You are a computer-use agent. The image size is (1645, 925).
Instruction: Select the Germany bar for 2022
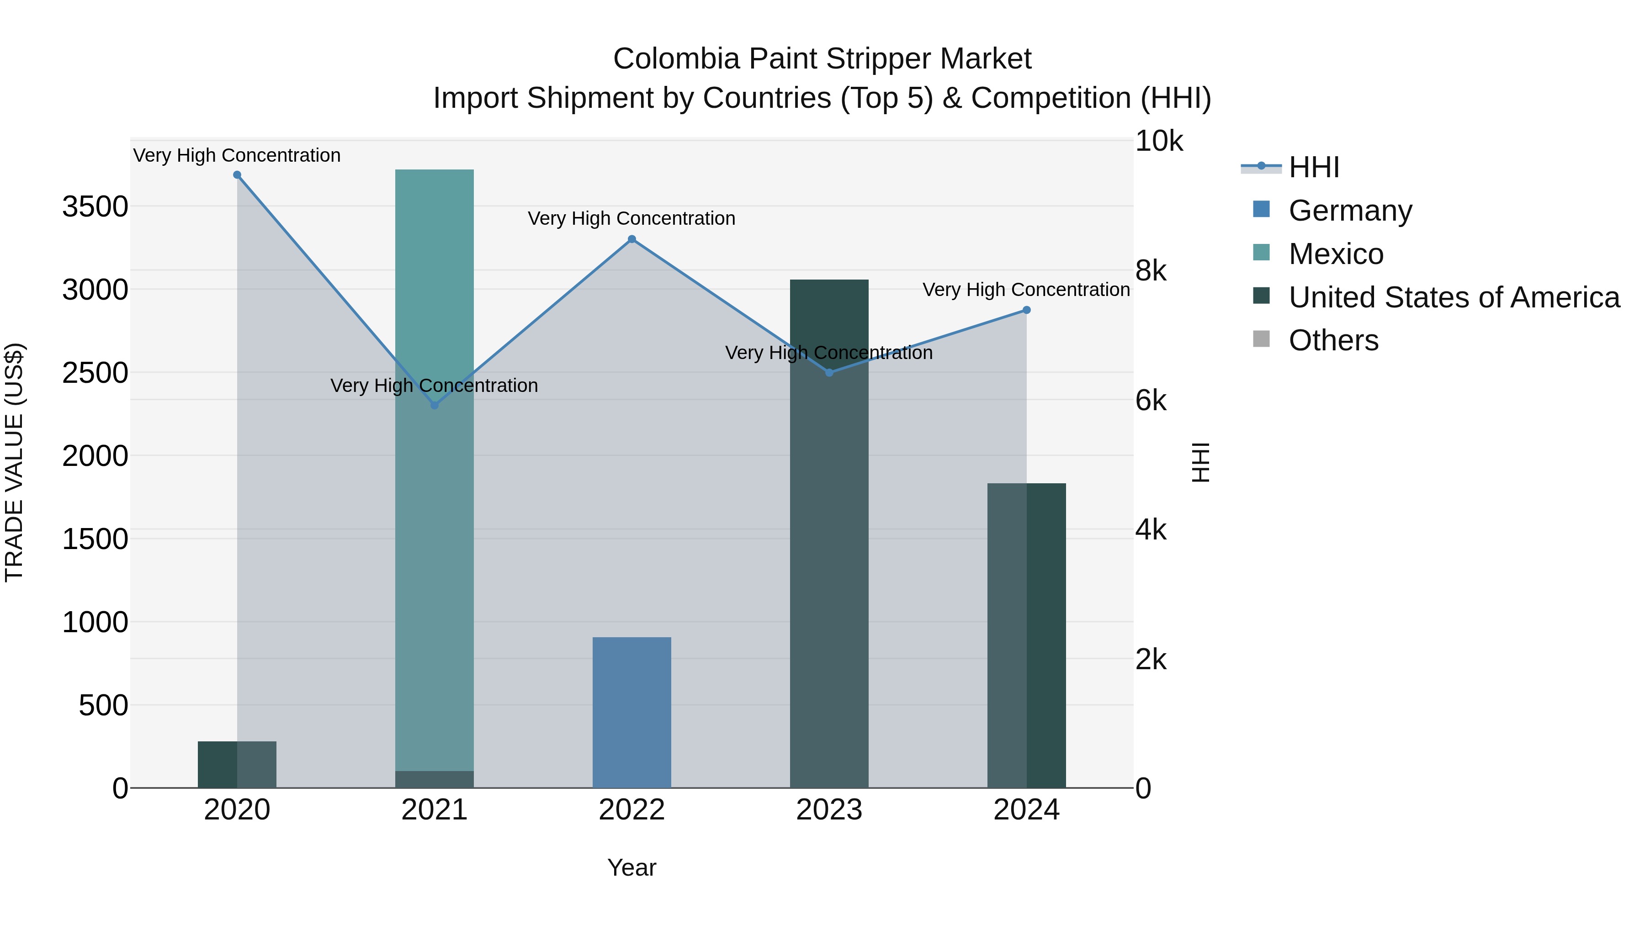(x=631, y=712)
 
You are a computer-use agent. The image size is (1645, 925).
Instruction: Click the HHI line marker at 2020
(x=237, y=175)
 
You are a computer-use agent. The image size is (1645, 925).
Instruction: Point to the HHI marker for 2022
(x=631, y=239)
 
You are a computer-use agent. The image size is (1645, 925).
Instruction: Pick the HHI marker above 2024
(x=1026, y=310)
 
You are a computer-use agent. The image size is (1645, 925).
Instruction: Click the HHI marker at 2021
(x=434, y=405)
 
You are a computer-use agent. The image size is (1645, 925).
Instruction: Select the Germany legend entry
(x=1350, y=211)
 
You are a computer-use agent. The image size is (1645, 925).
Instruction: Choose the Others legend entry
(x=1333, y=340)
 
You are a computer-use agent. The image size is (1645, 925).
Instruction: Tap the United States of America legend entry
(x=1454, y=297)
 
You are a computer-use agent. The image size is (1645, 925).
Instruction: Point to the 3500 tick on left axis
(x=95, y=207)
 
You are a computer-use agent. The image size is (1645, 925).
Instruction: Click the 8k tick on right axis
(x=1150, y=271)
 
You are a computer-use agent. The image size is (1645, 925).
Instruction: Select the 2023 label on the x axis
(x=829, y=810)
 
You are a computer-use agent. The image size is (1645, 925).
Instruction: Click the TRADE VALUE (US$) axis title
(x=14, y=462)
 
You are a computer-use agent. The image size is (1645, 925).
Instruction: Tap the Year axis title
(x=631, y=867)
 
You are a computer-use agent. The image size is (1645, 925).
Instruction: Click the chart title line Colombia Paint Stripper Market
(x=822, y=59)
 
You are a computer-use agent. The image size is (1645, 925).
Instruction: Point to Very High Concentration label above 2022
(x=631, y=218)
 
